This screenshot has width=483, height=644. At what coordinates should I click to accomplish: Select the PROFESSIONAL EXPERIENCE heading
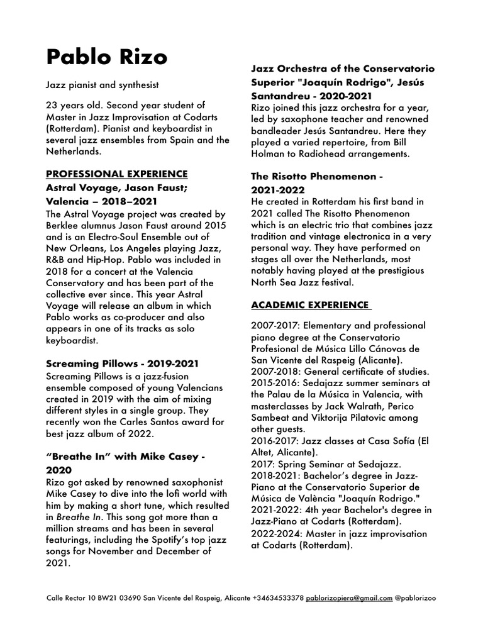[x=116, y=173]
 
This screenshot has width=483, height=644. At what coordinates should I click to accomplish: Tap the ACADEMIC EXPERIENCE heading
[x=310, y=305]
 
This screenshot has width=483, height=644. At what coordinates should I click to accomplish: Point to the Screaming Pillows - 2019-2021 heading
[x=123, y=364]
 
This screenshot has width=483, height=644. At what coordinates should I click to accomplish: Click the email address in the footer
[x=349, y=597]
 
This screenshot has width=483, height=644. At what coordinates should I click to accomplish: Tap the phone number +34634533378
[x=279, y=597]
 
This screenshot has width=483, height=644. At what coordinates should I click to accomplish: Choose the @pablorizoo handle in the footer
[x=415, y=597]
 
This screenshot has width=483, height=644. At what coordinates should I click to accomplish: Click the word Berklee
[x=65, y=226]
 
